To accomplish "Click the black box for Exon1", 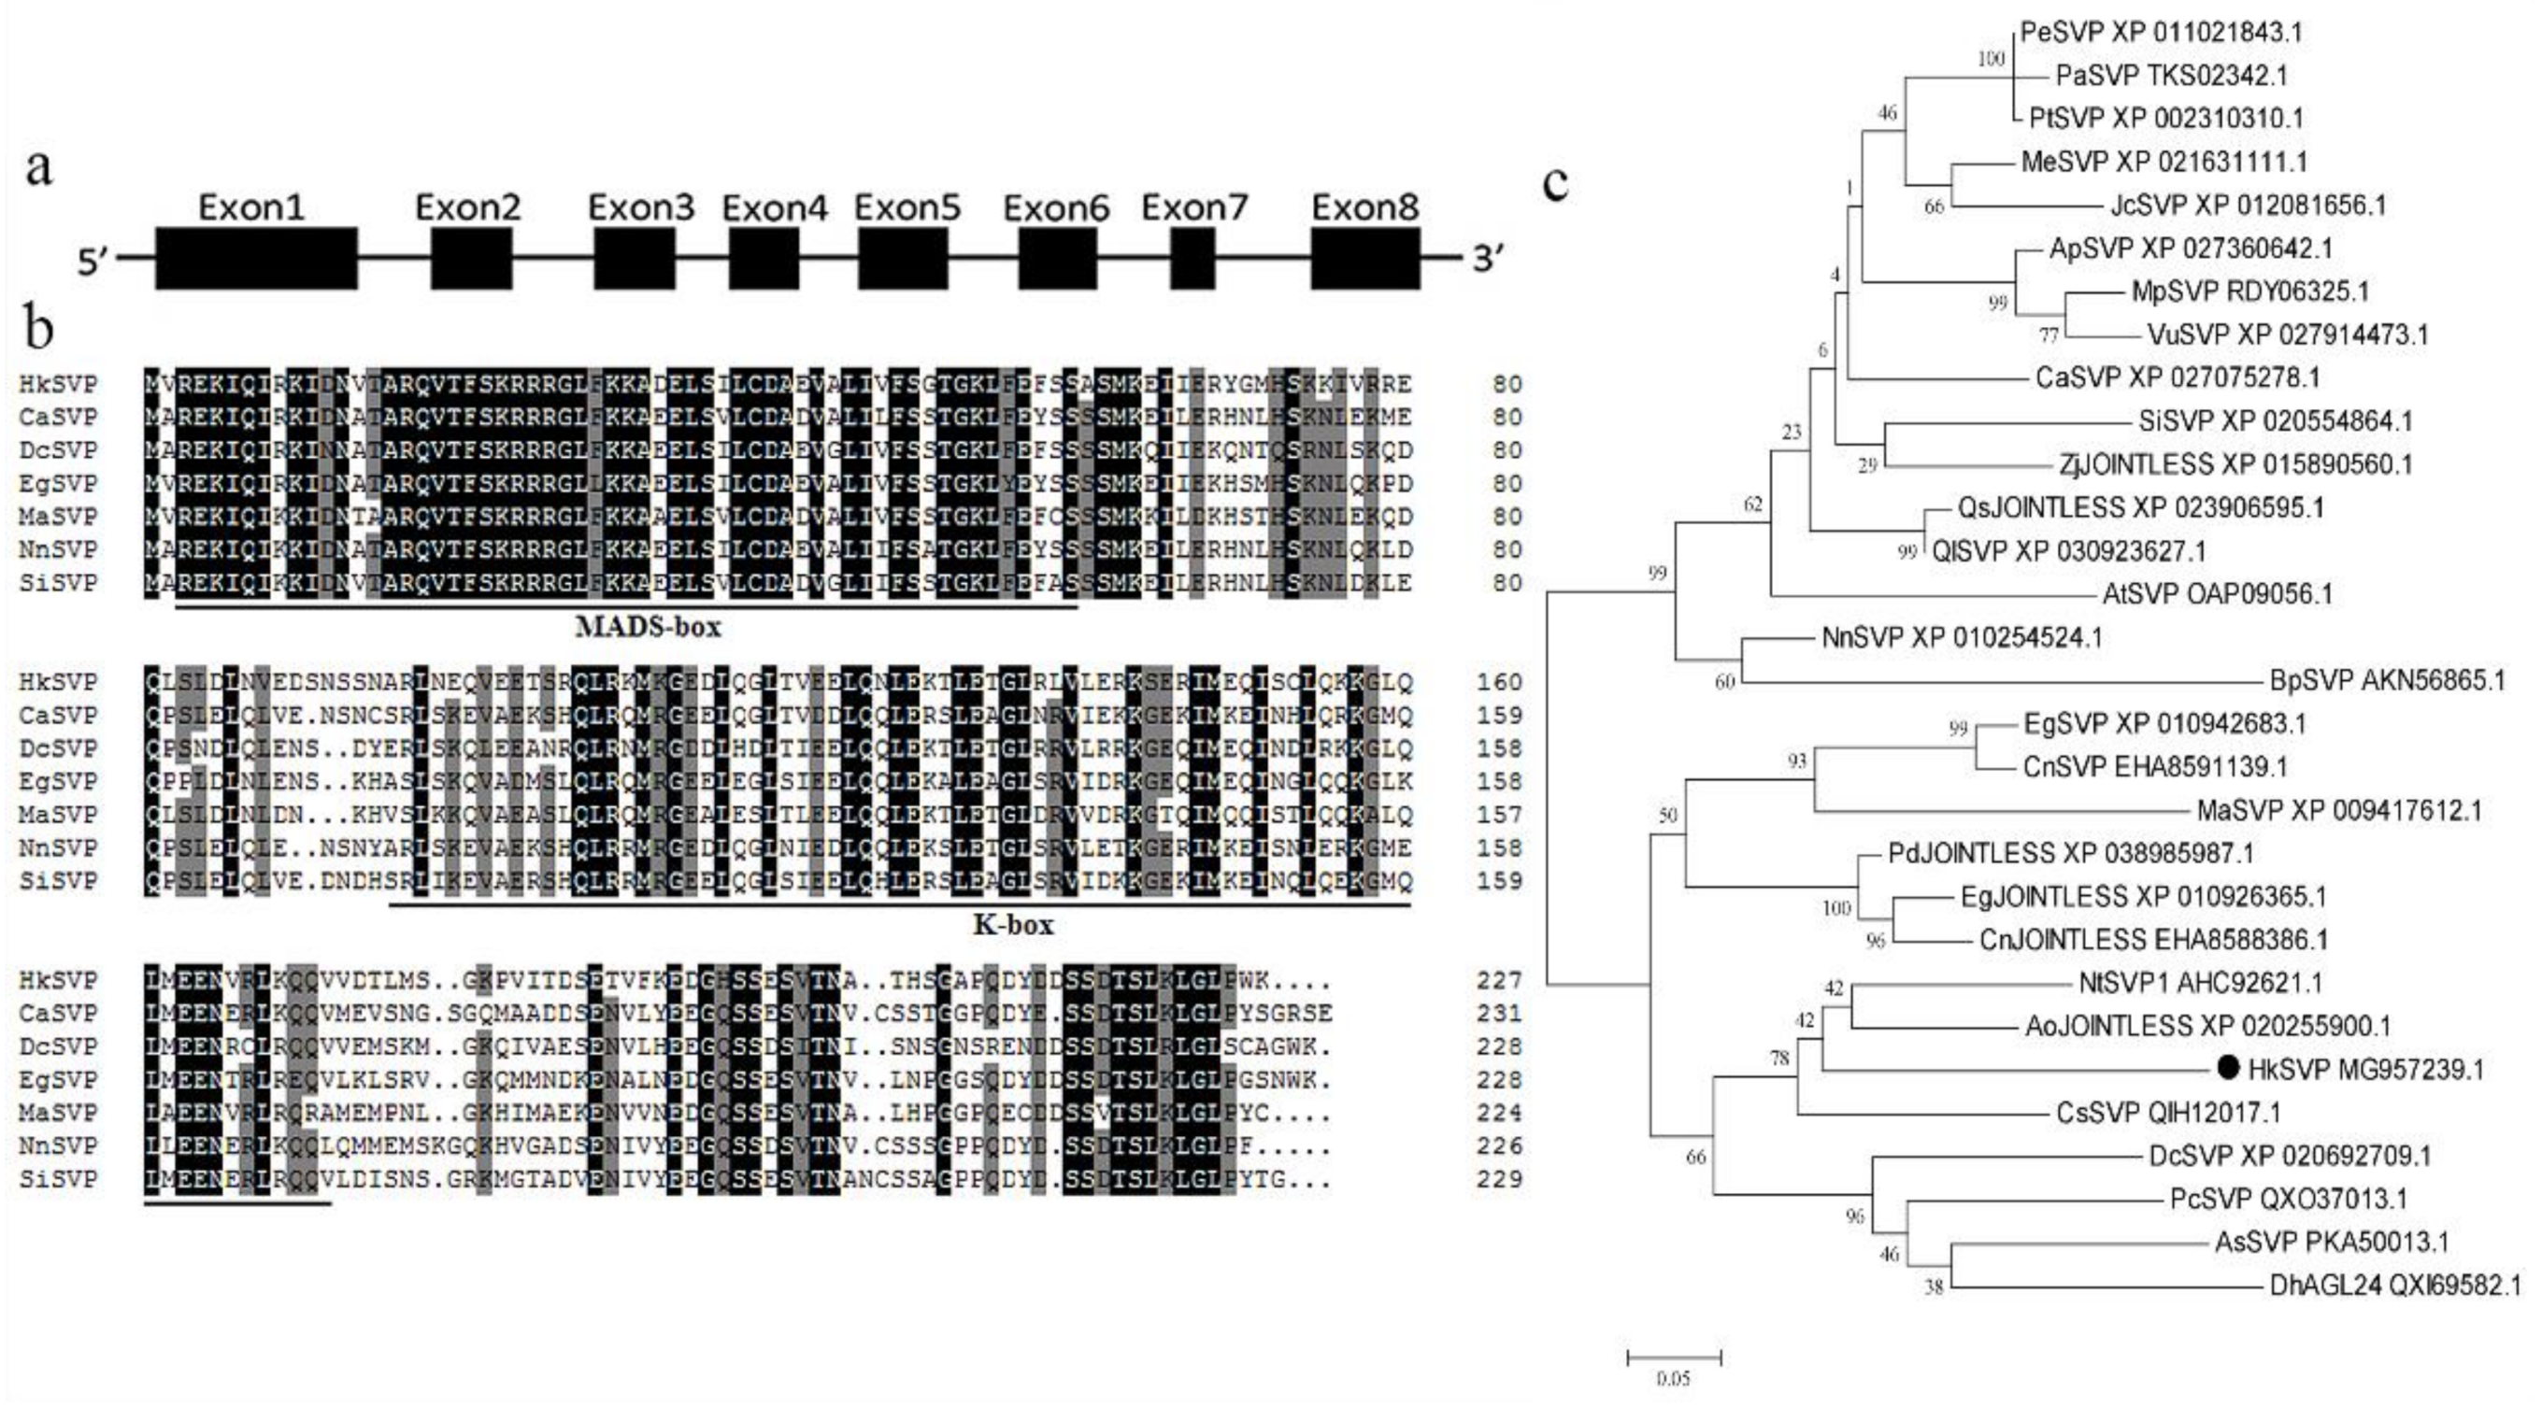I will pos(257,258).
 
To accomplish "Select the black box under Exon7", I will pos(1192,258).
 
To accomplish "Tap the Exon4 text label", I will pos(775,208).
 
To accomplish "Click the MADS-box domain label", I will pos(649,627).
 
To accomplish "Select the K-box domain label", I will pos(1013,925).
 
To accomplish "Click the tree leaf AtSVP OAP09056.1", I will pos(2218,594).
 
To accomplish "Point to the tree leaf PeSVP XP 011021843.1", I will pos(2161,33).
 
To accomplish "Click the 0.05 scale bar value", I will pos(1673,1378).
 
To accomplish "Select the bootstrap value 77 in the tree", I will pos(2049,335).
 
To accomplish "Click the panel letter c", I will pos(1556,183).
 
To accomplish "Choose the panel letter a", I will pos(39,168).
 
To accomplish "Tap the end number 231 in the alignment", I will pos(1500,1014).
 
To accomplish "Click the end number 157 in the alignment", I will pos(1500,814).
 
